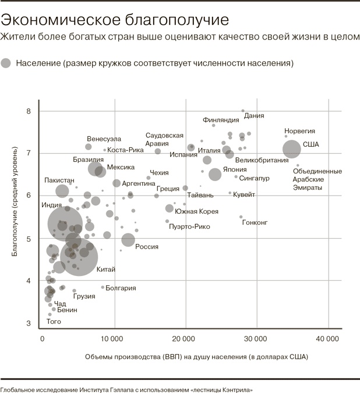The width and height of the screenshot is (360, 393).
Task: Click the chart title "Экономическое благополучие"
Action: pyautogui.click(x=114, y=19)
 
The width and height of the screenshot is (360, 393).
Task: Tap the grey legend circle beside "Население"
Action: pyautogui.click(x=6, y=63)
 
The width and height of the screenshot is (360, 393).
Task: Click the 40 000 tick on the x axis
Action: pyautogui.click(x=328, y=338)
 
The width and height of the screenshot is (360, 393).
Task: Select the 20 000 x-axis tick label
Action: pyautogui.click(x=185, y=338)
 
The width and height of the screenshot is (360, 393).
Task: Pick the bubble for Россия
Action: pyautogui.click(x=128, y=239)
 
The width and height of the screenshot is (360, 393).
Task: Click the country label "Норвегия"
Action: pyautogui.click(x=299, y=131)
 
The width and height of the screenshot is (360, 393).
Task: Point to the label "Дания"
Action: pyautogui.click(x=254, y=116)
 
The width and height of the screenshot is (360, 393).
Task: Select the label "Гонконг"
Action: pyautogui.click(x=255, y=222)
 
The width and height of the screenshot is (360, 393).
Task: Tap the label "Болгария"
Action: pyautogui.click(x=121, y=288)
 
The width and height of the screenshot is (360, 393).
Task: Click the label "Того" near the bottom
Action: pyautogui.click(x=54, y=321)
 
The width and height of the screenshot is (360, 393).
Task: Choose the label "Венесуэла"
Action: pyautogui.click(x=104, y=139)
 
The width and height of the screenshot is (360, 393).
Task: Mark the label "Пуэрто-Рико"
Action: pyautogui.click(x=189, y=226)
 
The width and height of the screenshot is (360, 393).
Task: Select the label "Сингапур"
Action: pyautogui.click(x=255, y=178)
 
